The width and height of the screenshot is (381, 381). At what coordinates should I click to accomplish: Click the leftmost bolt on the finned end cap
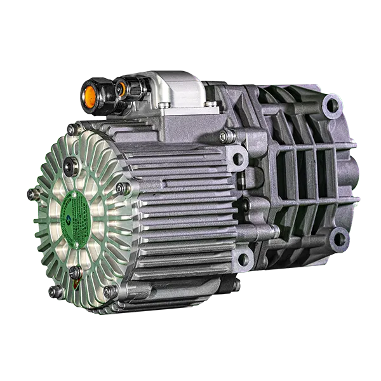coord(30,193)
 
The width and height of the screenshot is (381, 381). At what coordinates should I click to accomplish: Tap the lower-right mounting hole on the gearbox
coord(340,239)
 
